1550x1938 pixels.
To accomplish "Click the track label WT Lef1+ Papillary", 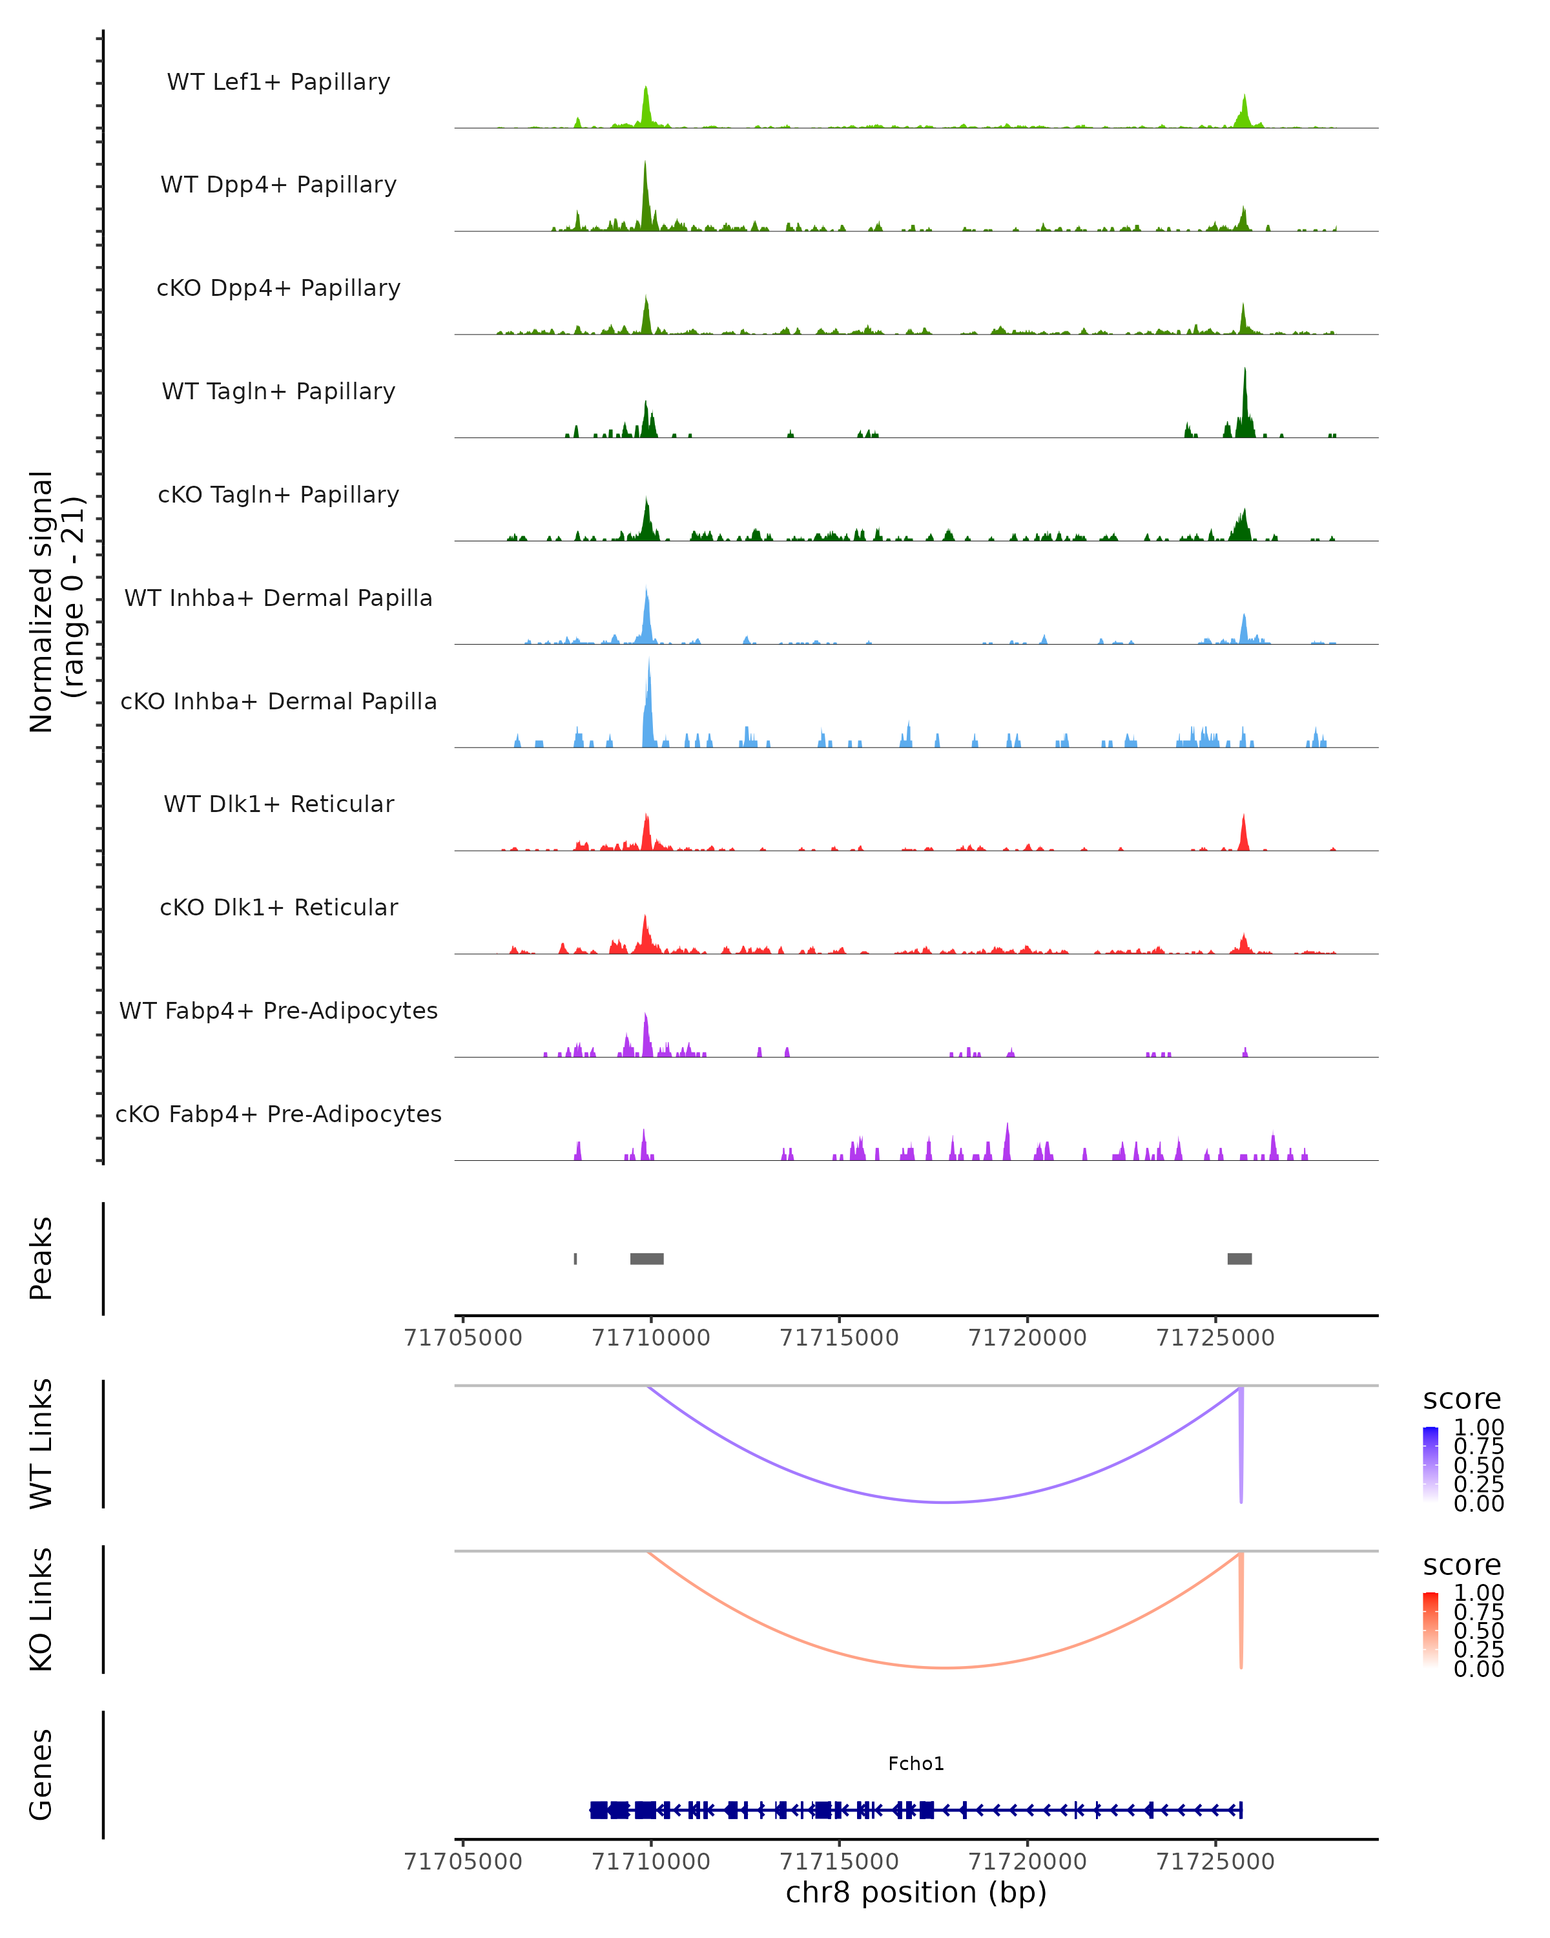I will tap(278, 82).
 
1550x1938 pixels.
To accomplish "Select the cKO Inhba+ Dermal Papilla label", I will tap(278, 701).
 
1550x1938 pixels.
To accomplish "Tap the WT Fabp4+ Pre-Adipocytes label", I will tap(278, 1010).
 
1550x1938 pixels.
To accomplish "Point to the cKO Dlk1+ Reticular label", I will tap(278, 907).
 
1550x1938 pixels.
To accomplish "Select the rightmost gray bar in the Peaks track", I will tap(1239, 1258).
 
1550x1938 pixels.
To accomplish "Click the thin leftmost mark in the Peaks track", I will tap(575, 1258).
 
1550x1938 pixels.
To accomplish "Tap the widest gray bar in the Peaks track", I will tap(647, 1258).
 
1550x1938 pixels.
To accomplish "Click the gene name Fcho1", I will tap(916, 1764).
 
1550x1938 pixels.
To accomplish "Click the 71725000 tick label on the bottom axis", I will tap(1215, 1862).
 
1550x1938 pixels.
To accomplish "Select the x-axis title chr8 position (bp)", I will tap(916, 1892).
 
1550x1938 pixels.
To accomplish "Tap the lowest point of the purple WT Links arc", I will tap(945, 1502).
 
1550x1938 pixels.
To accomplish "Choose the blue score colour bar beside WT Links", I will tap(1431, 1464).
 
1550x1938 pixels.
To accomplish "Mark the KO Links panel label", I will tap(41, 1609).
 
